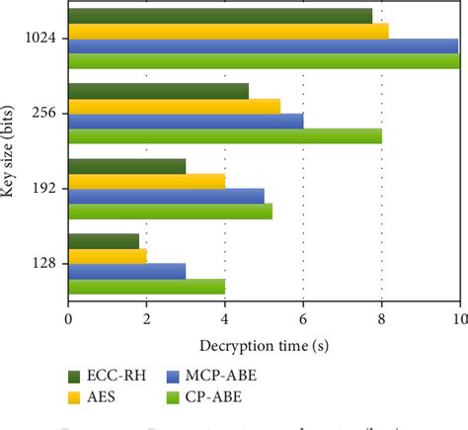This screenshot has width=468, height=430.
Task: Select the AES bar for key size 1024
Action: point(227,31)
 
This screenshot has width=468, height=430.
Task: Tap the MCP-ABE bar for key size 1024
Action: point(263,45)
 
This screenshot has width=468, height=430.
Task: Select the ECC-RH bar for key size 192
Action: point(126,166)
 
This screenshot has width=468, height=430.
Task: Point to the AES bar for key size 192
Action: point(146,181)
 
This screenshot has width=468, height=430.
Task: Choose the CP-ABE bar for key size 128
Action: point(146,287)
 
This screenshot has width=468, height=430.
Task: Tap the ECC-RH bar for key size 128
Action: point(103,241)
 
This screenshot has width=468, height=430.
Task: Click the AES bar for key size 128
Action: point(107,256)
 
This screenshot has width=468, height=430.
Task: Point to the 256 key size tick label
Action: point(49,114)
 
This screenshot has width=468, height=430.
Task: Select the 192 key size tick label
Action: point(49,189)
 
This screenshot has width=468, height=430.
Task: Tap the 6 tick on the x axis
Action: point(303,319)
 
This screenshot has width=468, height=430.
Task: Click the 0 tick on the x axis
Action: point(67,319)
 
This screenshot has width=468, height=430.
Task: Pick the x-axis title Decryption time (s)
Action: point(263,345)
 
